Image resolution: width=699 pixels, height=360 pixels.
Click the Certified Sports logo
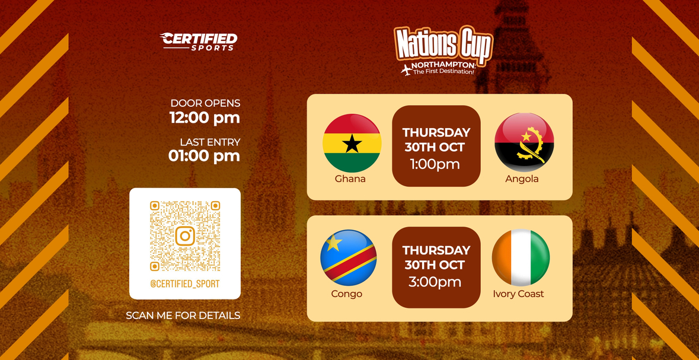pos(199,42)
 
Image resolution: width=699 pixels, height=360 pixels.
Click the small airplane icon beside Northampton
pos(406,70)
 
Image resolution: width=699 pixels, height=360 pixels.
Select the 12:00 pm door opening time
pos(205,118)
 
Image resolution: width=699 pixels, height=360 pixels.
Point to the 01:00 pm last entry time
pos(204,156)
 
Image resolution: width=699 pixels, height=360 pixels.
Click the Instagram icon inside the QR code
pos(185,235)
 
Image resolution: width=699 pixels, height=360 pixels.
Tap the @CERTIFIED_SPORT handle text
pos(185,283)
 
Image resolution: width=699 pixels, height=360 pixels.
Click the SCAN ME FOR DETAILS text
pos(183,316)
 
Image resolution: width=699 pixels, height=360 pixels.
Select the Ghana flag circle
pos(352,143)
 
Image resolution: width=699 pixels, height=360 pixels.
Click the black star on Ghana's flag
pos(352,144)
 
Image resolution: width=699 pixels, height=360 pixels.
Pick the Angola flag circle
pos(524,142)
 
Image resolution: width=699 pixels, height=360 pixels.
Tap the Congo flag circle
pos(349,257)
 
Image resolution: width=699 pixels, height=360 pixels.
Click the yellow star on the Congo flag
pos(333,243)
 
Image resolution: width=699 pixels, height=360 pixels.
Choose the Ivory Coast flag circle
pos(521,257)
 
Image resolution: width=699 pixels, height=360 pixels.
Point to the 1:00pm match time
pos(435,164)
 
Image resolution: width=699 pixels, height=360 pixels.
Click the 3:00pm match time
pos(435,282)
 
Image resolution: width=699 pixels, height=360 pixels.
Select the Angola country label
pos(522,179)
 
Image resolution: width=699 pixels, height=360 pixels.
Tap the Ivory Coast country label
pos(518,294)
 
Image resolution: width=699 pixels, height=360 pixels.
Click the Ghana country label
pos(350,179)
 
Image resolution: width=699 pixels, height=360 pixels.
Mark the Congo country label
pos(347,294)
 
